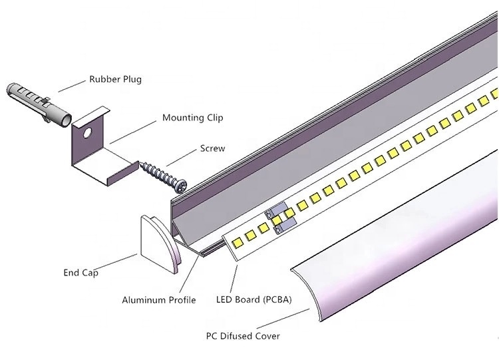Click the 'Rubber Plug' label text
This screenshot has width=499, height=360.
tap(115, 79)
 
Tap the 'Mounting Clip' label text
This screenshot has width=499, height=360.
tap(192, 118)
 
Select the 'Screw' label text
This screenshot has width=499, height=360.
tap(212, 148)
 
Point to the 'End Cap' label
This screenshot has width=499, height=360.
tap(81, 273)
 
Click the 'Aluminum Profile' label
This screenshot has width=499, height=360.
tap(158, 300)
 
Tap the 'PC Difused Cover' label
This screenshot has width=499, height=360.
tap(242, 335)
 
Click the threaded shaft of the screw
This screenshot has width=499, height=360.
tap(156, 174)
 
